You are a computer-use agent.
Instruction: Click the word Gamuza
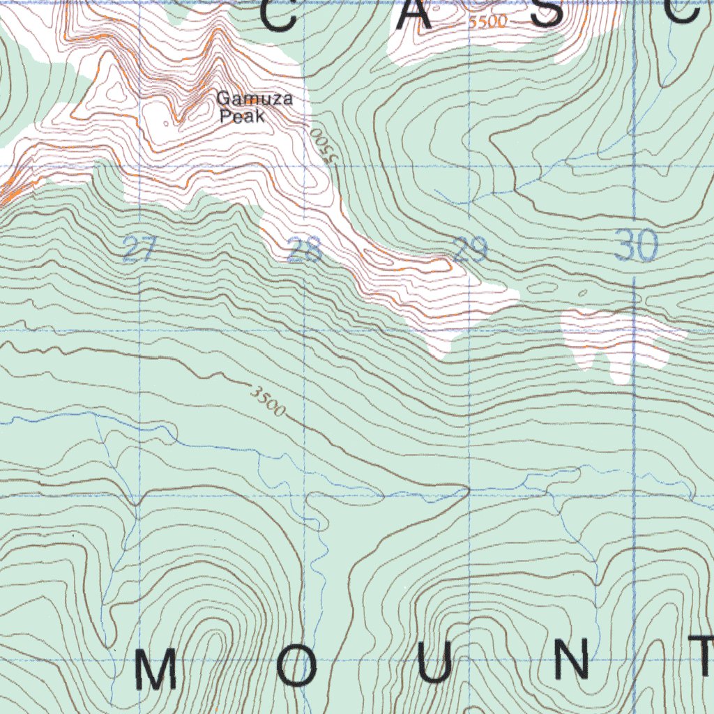click(x=255, y=100)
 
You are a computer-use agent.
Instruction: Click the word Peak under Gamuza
click(x=242, y=116)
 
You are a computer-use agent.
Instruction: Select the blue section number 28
click(x=305, y=251)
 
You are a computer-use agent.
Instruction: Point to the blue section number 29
click(x=469, y=250)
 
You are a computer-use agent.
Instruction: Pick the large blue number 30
click(x=637, y=246)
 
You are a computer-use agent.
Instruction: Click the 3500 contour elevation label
click(x=268, y=402)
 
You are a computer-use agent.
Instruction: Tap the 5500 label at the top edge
click(x=488, y=22)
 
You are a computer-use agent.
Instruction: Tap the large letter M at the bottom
click(x=155, y=669)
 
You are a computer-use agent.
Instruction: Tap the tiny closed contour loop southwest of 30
click(x=583, y=293)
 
